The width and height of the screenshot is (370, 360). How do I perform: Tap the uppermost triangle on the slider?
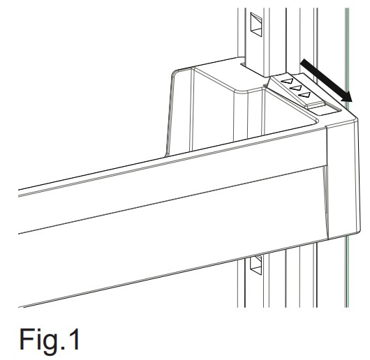click(x=288, y=82)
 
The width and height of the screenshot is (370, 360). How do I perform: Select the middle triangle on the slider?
click(x=296, y=89)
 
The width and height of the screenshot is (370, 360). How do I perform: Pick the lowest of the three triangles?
click(x=304, y=95)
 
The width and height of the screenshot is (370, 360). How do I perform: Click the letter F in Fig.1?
click(x=26, y=340)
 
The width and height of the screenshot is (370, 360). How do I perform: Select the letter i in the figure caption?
click(x=36, y=340)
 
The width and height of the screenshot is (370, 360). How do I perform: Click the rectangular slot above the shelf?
click(x=256, y=24)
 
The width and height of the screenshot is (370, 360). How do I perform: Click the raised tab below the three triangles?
click(x=315, y=105)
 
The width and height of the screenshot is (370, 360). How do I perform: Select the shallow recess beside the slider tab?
click(x=325, y=110)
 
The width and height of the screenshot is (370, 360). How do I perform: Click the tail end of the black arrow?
click(x=304, y=61)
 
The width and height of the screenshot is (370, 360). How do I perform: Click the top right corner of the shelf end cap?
click(x=357, y=119)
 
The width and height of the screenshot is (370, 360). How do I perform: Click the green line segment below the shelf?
click(x=347, y=271)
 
